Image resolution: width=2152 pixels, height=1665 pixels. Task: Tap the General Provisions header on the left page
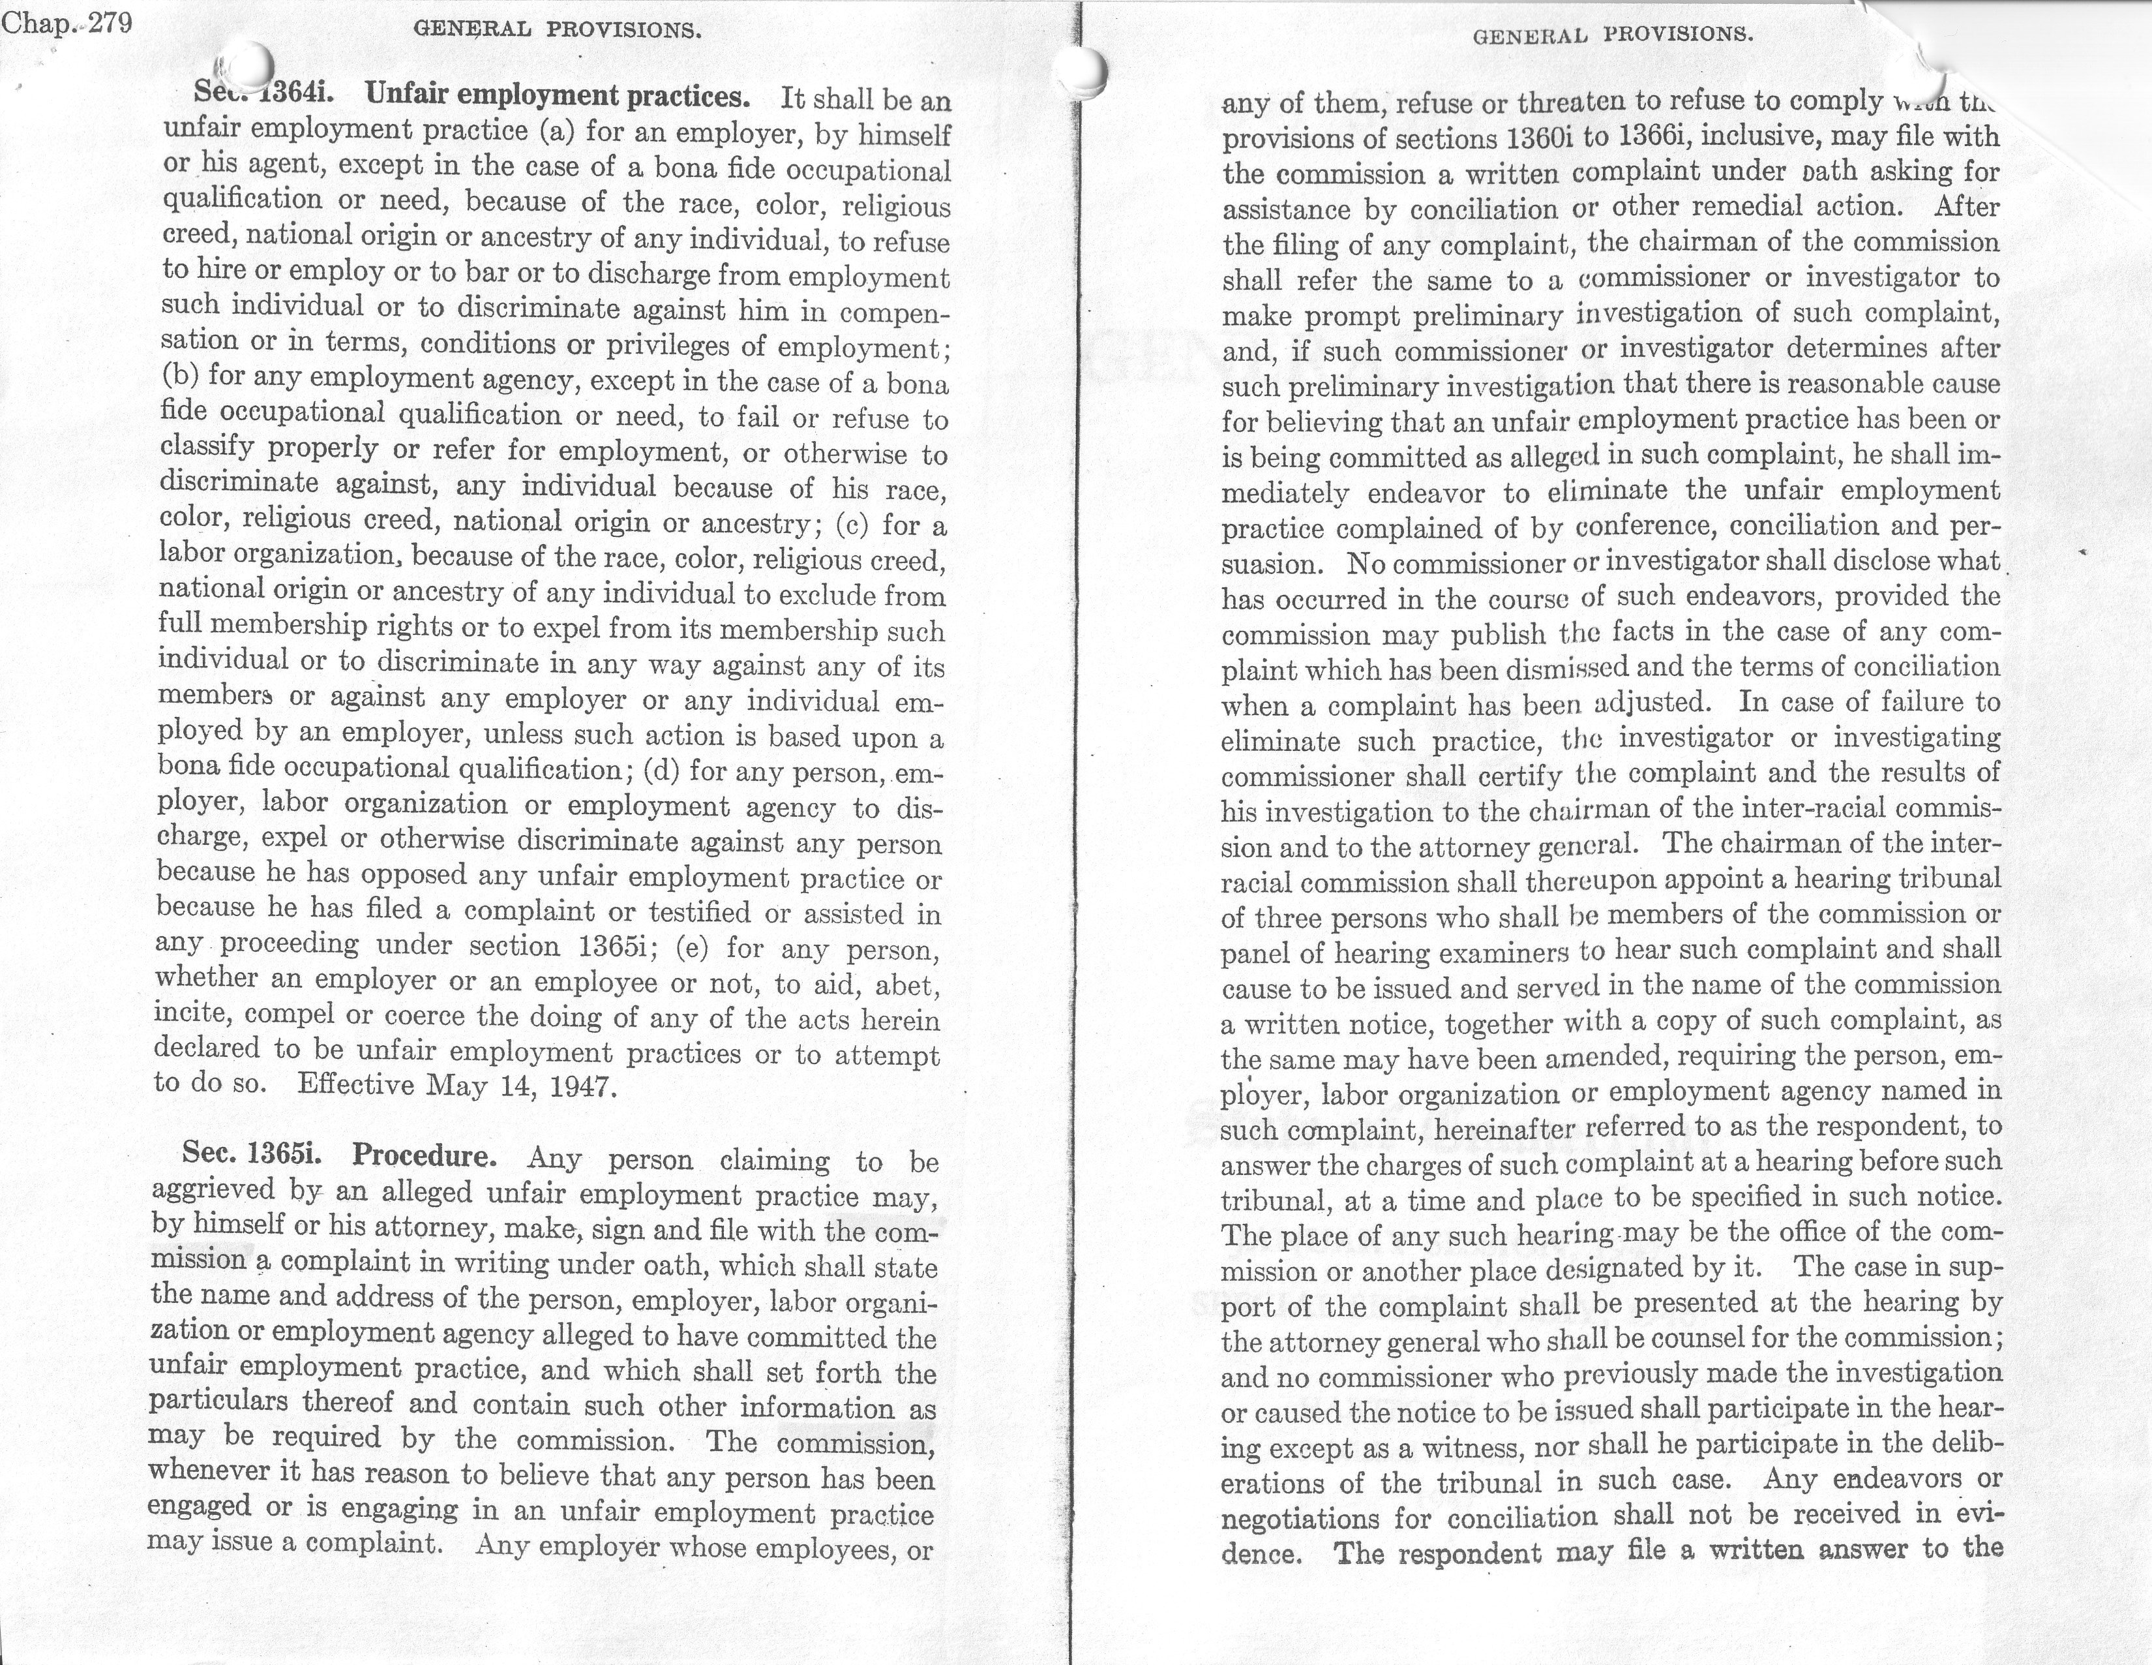(x=558, y=29)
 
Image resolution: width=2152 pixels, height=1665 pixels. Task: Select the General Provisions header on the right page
(x=1613, y=37)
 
